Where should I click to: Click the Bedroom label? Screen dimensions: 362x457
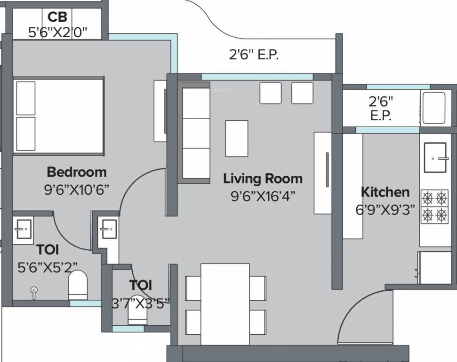tap(77, 172)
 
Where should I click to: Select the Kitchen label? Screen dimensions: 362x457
tap(385, 192)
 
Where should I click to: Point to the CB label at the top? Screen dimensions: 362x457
tap(57, 17)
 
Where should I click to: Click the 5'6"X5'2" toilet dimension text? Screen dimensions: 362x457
tap(48, 268)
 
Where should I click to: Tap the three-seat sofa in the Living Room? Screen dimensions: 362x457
tap(195, 133)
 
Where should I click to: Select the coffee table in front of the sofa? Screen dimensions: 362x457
tap(236, 138)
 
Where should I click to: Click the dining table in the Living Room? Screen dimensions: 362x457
tap(225, 304)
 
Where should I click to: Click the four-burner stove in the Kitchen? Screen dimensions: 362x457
tap(434, 206)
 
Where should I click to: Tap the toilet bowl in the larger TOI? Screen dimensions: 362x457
tap(78, 284)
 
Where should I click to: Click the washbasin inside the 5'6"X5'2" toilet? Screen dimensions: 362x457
tap(22, 231)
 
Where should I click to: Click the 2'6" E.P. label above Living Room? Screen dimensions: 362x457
tap(254, 55)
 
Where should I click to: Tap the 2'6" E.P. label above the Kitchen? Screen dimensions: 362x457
tap(381, 108)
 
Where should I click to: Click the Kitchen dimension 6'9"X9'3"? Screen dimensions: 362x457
tap(385, 210)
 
